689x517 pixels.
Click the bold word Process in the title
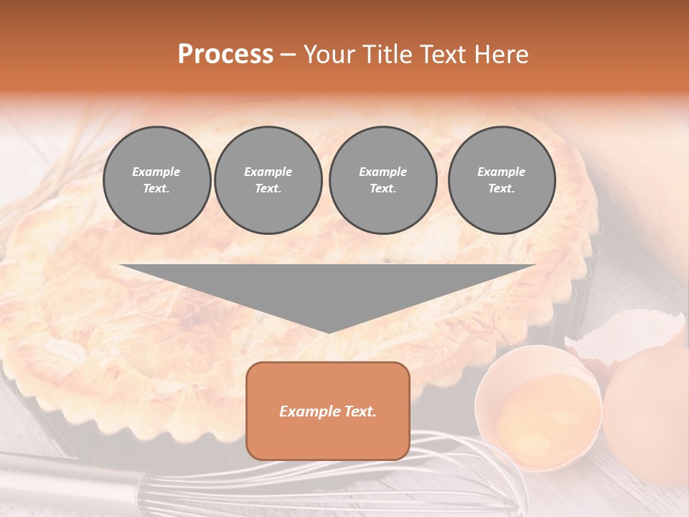point(225,55)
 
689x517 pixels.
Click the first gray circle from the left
point(156,180)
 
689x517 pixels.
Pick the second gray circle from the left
point(268,180)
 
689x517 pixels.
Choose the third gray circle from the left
point(383,180)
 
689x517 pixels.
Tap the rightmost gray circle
point(501,180)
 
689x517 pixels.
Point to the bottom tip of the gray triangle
point(329,332)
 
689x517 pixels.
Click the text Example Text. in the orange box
point(328,411)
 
